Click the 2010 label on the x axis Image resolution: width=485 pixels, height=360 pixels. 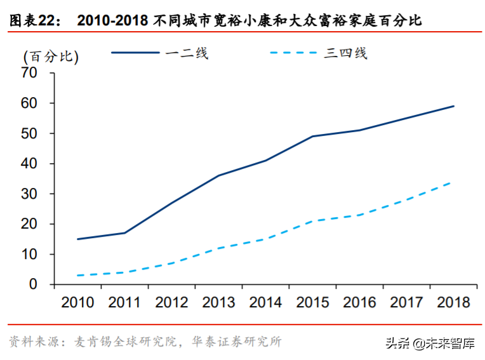77,302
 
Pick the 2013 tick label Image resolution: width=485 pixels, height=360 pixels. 218,302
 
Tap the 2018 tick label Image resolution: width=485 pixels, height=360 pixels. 453,302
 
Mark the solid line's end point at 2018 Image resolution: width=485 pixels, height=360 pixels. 453,106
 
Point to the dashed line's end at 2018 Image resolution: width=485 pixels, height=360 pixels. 451,182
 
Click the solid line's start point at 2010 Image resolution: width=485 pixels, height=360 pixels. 77,239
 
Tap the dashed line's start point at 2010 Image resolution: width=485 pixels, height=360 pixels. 77,276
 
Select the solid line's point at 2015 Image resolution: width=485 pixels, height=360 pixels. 312,137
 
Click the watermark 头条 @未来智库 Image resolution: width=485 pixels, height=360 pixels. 429,343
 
